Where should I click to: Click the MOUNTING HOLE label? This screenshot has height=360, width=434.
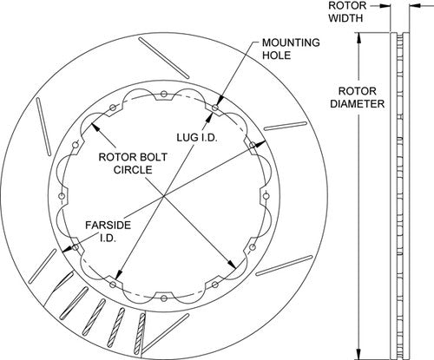(x=291, y=49)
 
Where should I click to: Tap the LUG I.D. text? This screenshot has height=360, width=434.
(x=197, y=138)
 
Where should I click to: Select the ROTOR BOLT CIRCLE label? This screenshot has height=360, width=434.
(x=133, y=163)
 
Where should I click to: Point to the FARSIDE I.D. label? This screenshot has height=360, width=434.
(x=108, y=232)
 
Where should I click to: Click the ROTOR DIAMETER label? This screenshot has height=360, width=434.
(x=358, y=97)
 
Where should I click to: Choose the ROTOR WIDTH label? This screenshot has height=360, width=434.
(x=347, y=11)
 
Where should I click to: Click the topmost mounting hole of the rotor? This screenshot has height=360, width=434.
(x=164, y=94)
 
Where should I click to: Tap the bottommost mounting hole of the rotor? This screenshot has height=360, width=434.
(x=164, y=298)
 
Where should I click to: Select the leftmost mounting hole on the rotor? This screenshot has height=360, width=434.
(x=62, y=196)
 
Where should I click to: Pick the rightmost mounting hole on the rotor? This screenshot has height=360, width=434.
(x=266, y=196)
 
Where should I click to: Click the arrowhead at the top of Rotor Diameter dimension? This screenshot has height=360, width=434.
(x=358, y=38)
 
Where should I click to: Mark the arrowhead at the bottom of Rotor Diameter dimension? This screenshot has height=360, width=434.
(x=358, y=354)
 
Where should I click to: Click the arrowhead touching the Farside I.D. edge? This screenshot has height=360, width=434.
(x=67, y=249)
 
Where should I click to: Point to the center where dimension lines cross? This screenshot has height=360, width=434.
(x=164, y=196)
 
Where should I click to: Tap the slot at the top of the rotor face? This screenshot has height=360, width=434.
(x=164, y=58)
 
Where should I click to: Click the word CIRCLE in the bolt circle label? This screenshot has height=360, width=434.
(x=133, y=170)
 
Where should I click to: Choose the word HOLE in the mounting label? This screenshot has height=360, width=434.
(x=276, y=56)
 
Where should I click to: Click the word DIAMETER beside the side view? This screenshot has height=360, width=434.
(x=358, y=104)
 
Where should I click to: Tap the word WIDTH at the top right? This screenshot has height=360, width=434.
(x=345, y=18)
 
